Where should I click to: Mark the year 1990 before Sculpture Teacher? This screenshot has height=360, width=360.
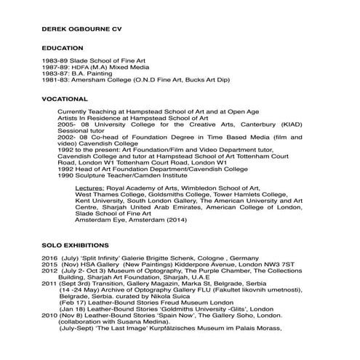pos(67,175)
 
